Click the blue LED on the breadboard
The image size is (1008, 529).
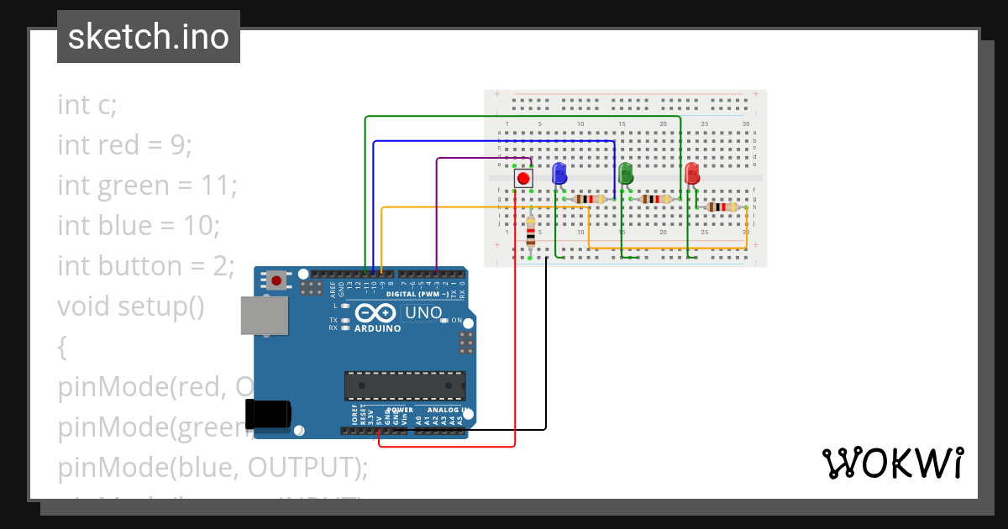click(x=559, y=174)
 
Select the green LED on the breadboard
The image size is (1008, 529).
click(x=625, y=174)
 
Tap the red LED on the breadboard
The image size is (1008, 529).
click(x=692, y=174)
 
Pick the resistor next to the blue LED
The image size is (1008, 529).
click(x=589, y=199)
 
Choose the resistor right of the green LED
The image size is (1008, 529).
click(x=655, y=199)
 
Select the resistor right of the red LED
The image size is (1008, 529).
click(x=722, y=207)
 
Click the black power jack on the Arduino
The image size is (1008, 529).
click(x=268, y=414)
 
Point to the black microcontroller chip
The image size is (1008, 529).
click(x=404, y=385)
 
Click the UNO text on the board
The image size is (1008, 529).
click(x=423, y=313)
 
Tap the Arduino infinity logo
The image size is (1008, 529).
click(x=375, y=313)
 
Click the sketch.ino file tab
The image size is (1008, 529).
click(x=149, y=37)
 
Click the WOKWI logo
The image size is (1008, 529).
click(x=891, y=463)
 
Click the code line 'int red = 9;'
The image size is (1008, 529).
click(x=125, y=145)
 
